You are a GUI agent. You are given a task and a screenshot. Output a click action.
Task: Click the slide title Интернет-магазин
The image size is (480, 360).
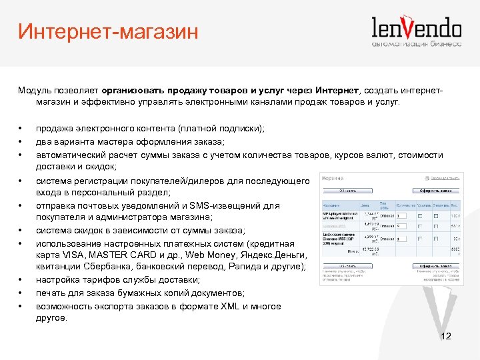(x=108, y=32)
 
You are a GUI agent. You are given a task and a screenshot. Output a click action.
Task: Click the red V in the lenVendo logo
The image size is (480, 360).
(x=417, y=27)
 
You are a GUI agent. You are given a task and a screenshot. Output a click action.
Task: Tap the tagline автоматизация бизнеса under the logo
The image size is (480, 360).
(x=417, y=44)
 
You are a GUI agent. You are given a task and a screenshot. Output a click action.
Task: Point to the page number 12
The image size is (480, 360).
(x=446, y=336)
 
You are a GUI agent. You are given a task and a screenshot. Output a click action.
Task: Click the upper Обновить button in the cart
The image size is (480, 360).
(x=340, y=189)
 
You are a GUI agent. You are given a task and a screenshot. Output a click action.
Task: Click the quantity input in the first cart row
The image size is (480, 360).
(x=405, y=216)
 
